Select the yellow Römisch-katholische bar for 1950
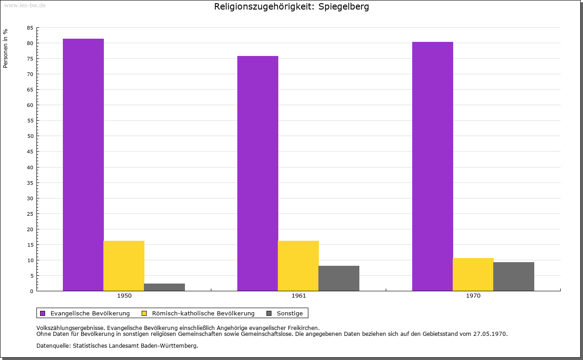tap(124, 266)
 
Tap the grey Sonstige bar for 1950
tap(164, 287)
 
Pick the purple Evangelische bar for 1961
tap(258, 173)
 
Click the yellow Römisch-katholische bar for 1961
tap(298, 266)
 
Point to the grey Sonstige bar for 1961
tap(339, 278)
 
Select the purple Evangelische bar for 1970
tap(433, 166)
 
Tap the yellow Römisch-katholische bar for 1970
tap(473, 274)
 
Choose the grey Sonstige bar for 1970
tap(514, 276)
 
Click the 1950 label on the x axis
tap(124, 296)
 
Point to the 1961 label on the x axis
tap(299, 296)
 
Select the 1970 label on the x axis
tap(473, 296)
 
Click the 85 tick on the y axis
tap(30, 28)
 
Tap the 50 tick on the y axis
tap(30, 136)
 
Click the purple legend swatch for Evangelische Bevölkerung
tap(43, 313)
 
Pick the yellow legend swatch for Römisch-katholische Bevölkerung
tap(144, 313)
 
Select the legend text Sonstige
tap(290, 313)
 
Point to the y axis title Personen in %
tap(5, 48)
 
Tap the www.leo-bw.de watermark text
tap(25, 5)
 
